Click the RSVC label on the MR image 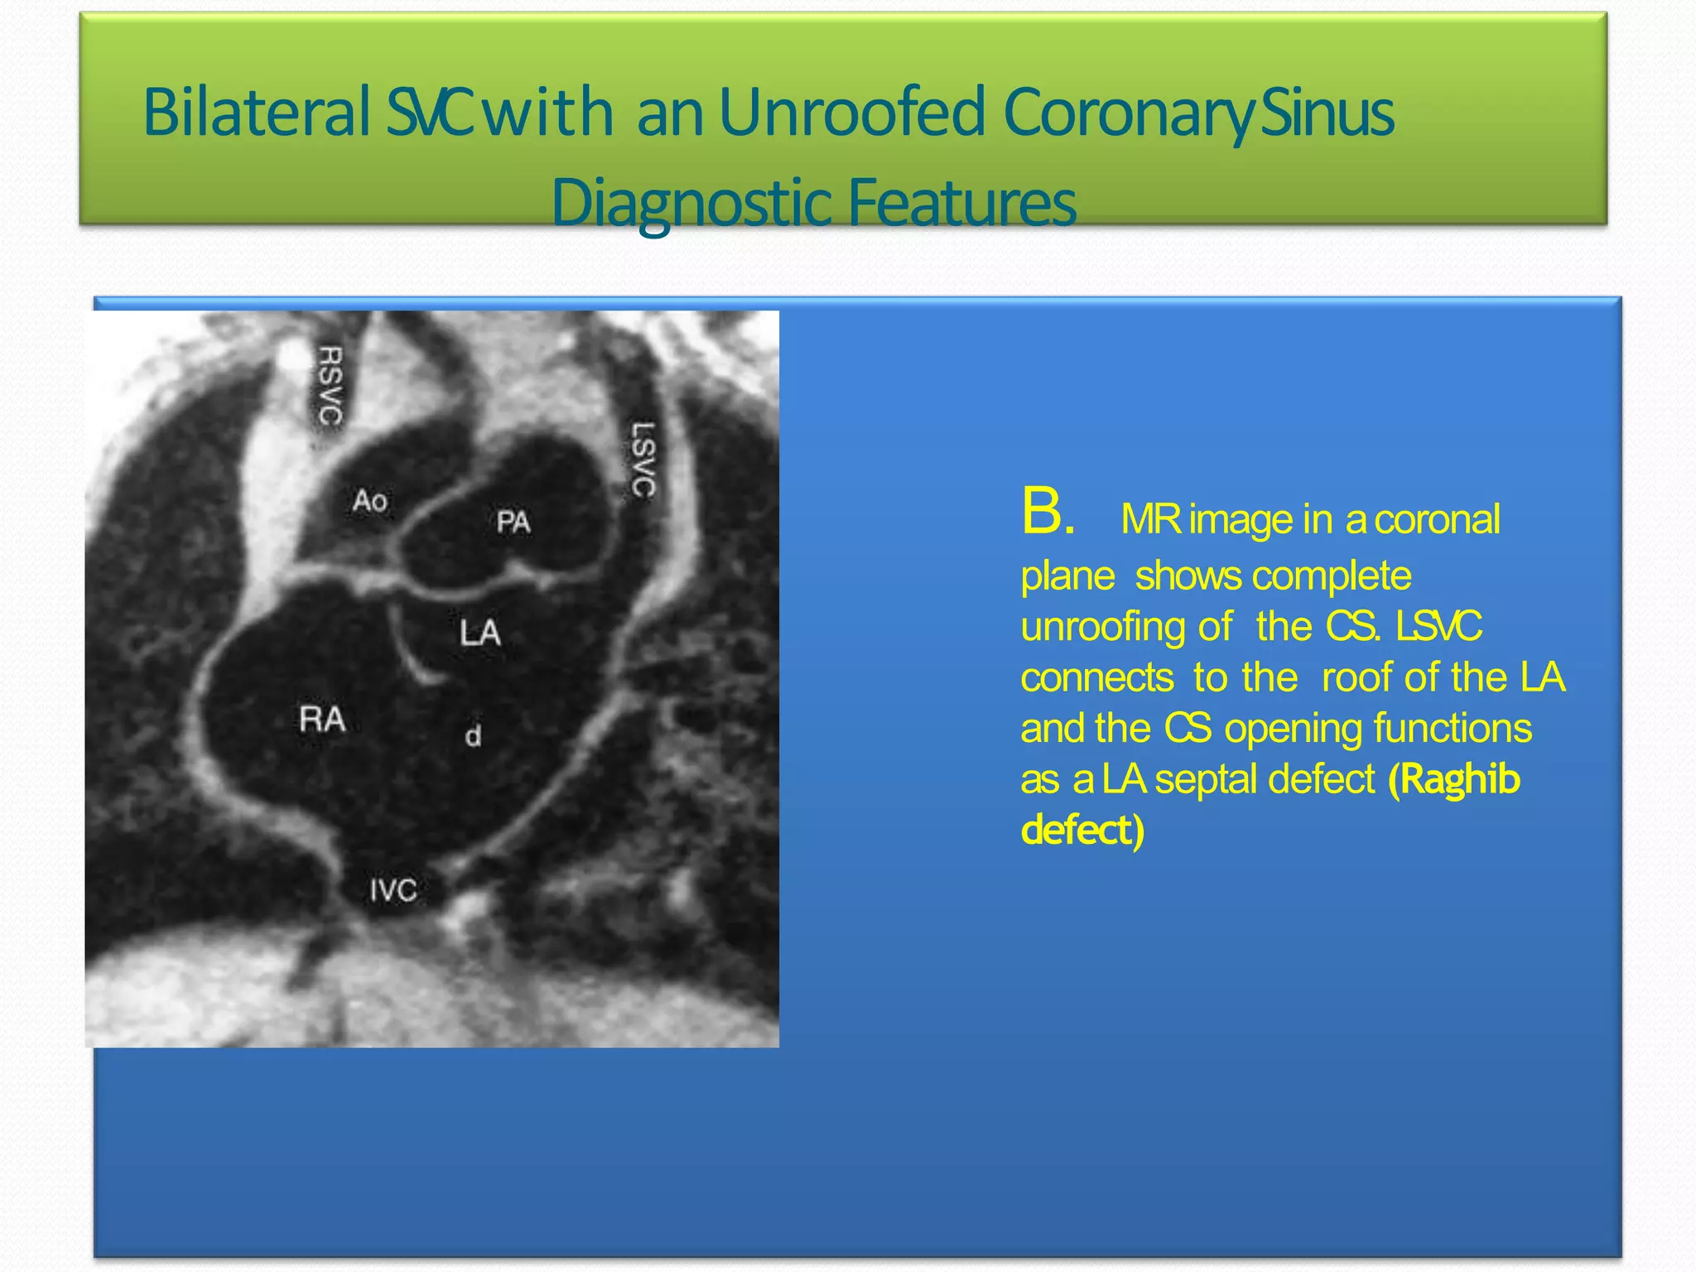click(330, 386)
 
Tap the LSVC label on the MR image click(643, 460)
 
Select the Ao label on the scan click(369, 501)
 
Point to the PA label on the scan click(513, 522)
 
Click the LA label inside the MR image click(480, 634)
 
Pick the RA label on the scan click(322, 719)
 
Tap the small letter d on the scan click(473, 735)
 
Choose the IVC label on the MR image click(393, 891)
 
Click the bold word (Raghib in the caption click(1454, 779)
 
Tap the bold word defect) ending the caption click(1082, 830)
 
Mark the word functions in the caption click(1453, 729)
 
